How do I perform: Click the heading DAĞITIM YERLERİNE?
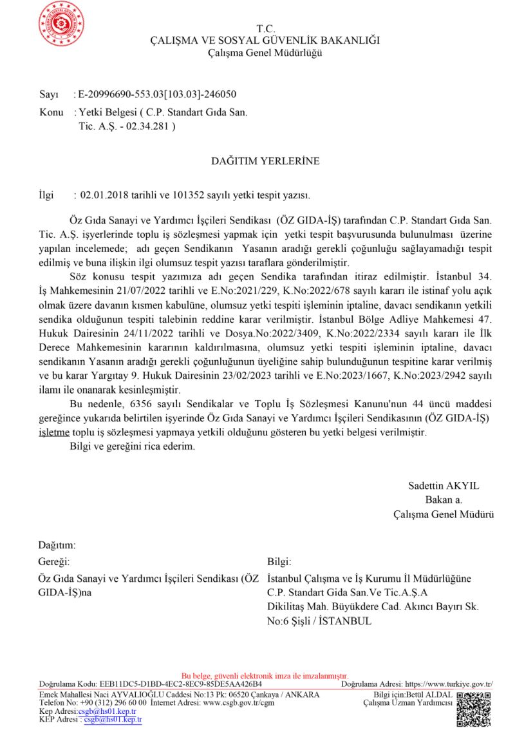pos(265,161)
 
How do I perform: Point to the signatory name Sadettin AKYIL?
pos(444,486)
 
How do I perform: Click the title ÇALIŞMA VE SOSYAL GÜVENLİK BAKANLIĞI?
pos(265,40)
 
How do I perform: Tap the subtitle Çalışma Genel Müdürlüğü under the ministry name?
pos(265,52)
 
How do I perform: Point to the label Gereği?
pos(53,562)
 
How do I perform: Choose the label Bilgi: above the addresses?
pos(279,562)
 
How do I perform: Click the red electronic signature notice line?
pos(265,676)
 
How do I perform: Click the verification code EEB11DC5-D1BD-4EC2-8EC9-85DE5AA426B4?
pos(180,684)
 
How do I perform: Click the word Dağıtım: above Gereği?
pos(57,545)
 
